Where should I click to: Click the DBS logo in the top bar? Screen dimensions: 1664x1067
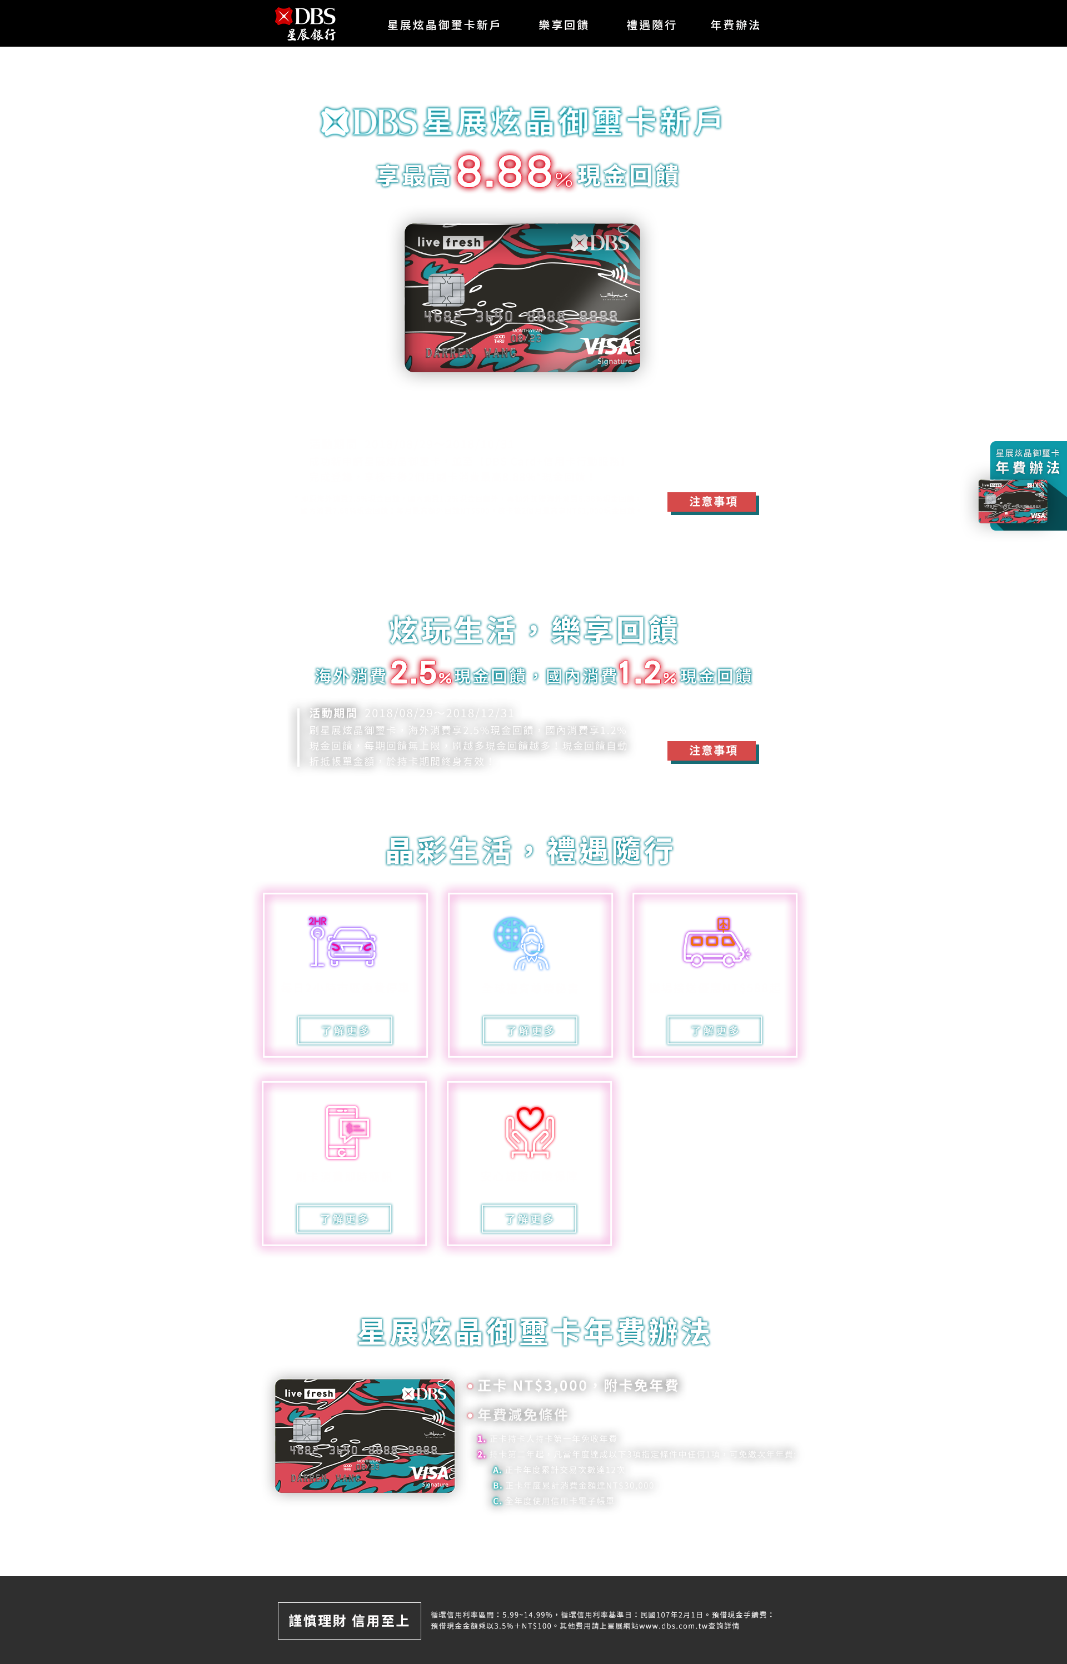pyautogui.click(x=306, y=23)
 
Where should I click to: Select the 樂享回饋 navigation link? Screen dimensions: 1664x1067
pyautogui.click(x=564, y=25)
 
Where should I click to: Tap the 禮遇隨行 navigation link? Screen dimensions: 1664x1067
pyautogui.click(x=651, y=25)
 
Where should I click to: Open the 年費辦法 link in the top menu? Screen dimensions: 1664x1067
pyautogui.click(x=735, y=25)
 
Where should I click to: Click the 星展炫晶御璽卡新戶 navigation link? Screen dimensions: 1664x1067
pyautogui.click(x=443, y=25)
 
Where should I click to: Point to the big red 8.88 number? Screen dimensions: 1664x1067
pyautogui.click(x=503, y=171)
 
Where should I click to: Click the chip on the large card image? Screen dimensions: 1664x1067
pyautogui.click(x=446, y=289)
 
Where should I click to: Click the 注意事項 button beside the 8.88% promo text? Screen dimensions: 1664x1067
pyautogui.click(x=712, y=501)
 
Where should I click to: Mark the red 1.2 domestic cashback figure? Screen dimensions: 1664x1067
pyautogui.click(x=639, y=672)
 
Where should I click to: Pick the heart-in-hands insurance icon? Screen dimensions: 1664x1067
pyautogui.click(x=530, y=1132)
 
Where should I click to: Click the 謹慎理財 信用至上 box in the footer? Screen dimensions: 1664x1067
pyautogui.click(x=349, y=1620)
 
